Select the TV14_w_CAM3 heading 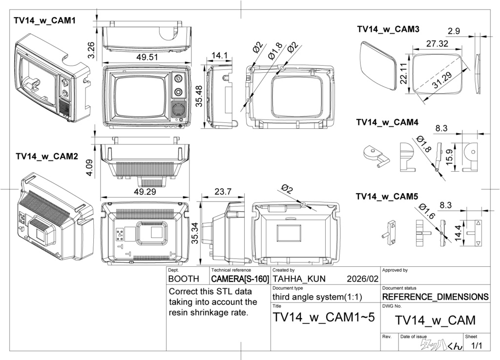pos(388,29)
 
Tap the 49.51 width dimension pos(147,57)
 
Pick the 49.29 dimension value pos(145,192)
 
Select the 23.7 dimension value pos(223,192)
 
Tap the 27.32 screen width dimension pos(437,43)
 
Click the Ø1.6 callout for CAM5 pos(427,213)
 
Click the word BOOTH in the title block pos(184,280)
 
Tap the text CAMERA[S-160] pos(240,280)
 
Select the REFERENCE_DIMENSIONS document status pos(435,297)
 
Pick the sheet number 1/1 pos(476,346)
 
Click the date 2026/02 pos(362,280)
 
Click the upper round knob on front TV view pos(178,78)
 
